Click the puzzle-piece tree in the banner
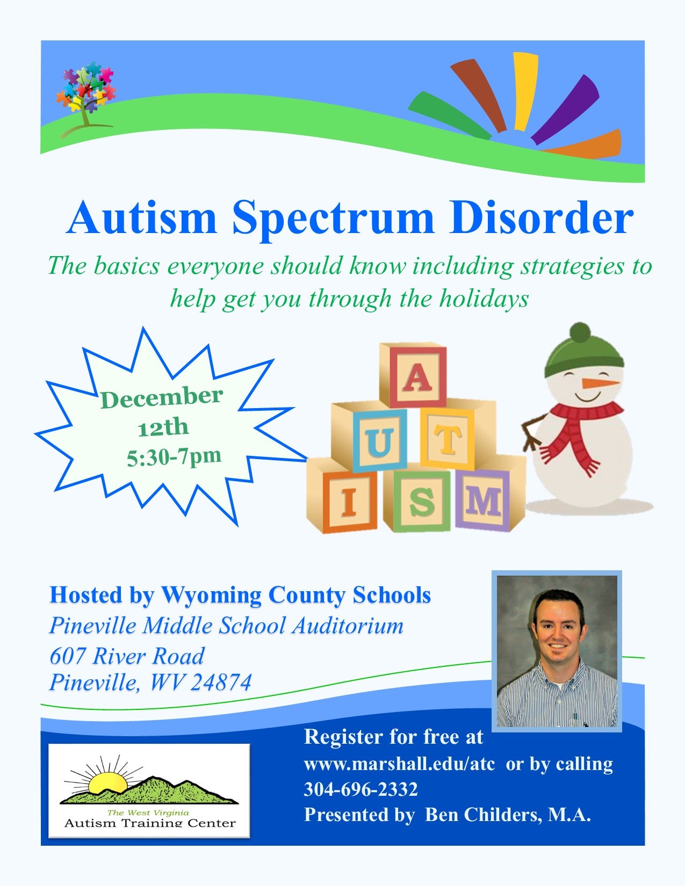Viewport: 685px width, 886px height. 85,99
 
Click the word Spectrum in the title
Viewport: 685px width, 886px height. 333,220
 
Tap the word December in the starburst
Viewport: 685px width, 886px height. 162,397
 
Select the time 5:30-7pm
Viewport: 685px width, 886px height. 174,457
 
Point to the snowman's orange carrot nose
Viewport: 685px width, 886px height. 599,383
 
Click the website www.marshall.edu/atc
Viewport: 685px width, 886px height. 399,764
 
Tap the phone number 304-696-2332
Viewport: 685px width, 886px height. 361,789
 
